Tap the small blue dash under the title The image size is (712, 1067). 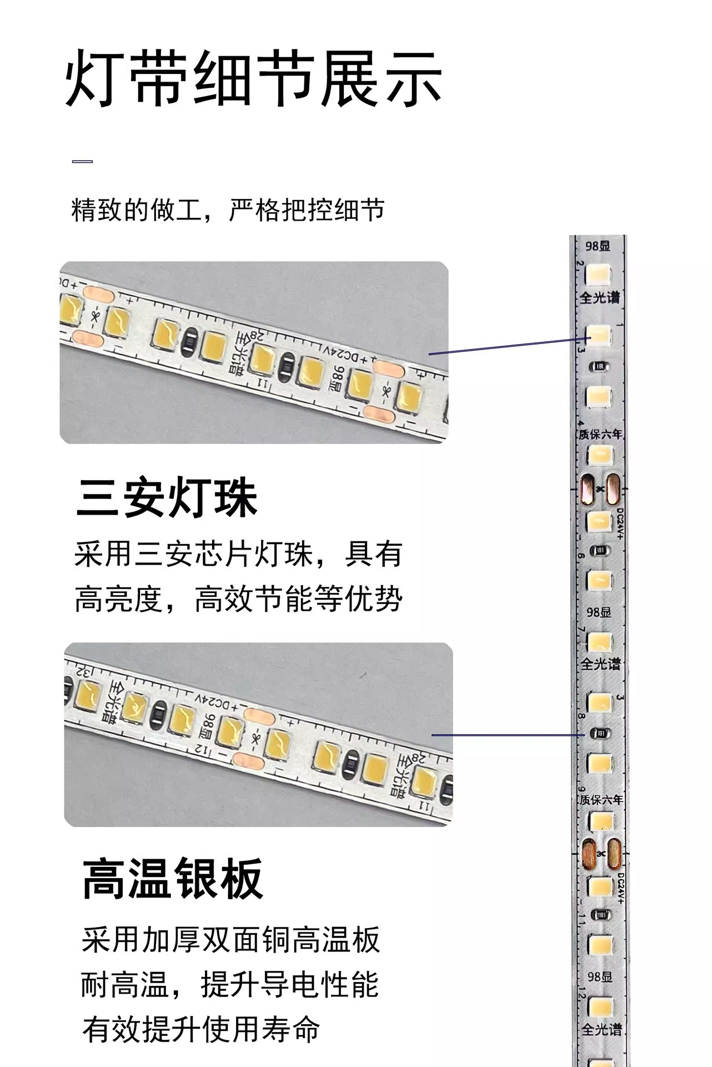point(82,162)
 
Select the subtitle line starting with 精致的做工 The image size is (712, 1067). point(228,211)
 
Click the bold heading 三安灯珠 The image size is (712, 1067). point(167,498)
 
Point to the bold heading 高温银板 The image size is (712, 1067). point(172,879)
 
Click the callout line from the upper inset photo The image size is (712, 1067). point(505,346)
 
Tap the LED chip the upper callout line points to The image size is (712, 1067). point(599,335)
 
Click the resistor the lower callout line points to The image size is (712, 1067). point(600,734)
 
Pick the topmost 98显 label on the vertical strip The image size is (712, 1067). point(598,246)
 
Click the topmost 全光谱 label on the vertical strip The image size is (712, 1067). point(600,298)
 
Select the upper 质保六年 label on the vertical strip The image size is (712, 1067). point(600,434)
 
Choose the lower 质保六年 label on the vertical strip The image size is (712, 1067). point(601,800)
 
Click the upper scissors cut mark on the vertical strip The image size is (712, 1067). point(600,489)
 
